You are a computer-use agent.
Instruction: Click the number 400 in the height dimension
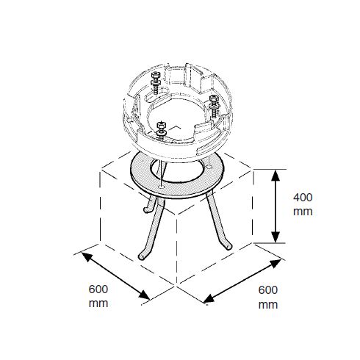[303, 198]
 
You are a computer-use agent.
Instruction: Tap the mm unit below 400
[303, 212]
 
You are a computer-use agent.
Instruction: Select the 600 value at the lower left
[98, 289]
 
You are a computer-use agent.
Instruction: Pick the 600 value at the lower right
[268, 290]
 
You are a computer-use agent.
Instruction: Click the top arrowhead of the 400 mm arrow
[276, 176]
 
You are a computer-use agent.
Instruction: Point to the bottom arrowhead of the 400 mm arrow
[276, 237]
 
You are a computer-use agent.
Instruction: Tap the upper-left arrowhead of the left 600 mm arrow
[87, 256]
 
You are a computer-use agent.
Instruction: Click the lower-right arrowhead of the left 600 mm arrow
[144, 295]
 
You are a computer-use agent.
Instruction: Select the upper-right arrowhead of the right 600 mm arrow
[276, 264]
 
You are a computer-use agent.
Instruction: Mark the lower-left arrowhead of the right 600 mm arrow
[209, 298]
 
